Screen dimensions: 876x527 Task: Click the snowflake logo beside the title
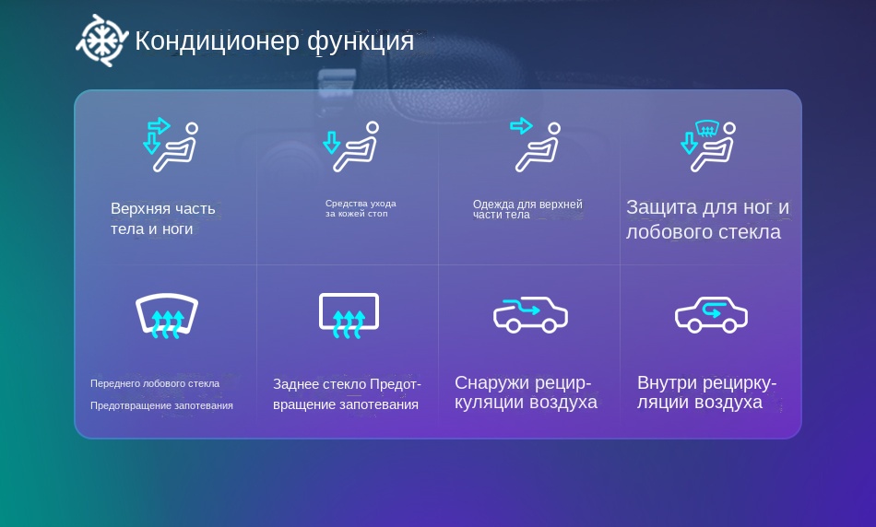[x=102, y=41]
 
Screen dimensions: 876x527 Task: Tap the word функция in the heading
[x=361, y=41]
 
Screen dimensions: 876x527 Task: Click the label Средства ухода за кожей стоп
[x=361, y=208]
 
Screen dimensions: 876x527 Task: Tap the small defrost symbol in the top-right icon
[x=706, y=129]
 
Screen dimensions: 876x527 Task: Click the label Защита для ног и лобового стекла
[x=707, y=219]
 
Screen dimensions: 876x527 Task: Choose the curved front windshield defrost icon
[x=167, y=315]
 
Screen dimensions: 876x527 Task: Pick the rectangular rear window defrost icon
[x=349, y=315]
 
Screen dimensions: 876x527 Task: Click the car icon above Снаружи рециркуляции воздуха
[x=530, y=315]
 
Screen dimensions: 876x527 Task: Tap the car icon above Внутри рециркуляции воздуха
[x=711, y=315]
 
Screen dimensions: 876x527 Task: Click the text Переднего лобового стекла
[x=155, y=383]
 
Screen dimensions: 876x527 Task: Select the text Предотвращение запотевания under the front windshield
[x=161, y=406]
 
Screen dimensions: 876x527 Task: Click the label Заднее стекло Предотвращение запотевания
[x=347, y=394]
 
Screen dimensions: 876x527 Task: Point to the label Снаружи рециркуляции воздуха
[x=526, y=392]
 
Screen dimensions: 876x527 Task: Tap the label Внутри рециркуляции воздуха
[x=706, y=392]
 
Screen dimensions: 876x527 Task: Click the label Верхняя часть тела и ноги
[x=162, y=219]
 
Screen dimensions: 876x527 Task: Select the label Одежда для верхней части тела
[x=527, y=209]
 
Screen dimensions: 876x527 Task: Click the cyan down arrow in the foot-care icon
[x=331, y=143]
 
